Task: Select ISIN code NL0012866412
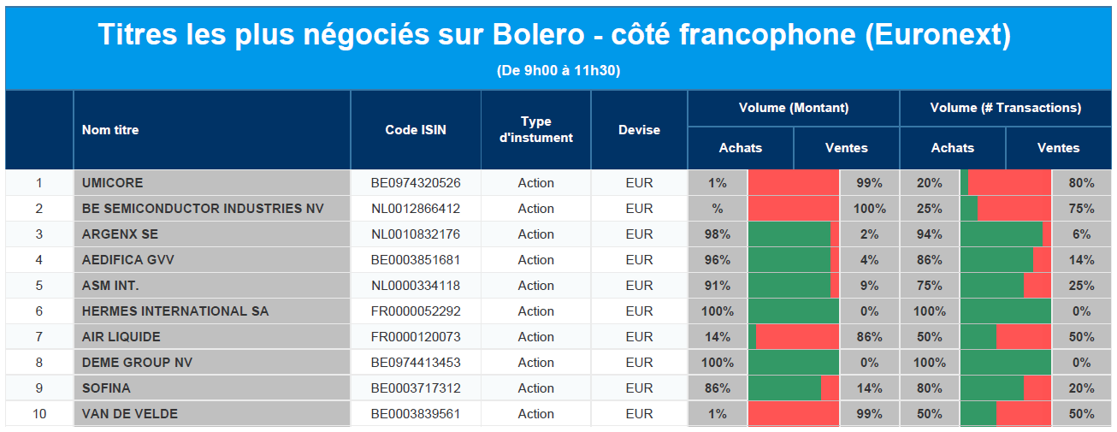[x=416, y=209]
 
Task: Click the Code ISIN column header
[x=416, y=130]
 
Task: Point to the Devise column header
[x=639, y=130]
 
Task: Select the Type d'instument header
[x=535, y=129]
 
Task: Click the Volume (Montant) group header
[x=794, y=108]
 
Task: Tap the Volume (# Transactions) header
[x=1006, y=108]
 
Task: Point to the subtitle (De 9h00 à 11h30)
[x=558, y=71]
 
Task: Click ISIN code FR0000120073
[x=416, y=337]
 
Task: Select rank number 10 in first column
[x=39, y=414]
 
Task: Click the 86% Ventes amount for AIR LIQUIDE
[x=869, y=337]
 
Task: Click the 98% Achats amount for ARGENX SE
[x=718, y=234]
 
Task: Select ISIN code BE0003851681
[x=416, y=260]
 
